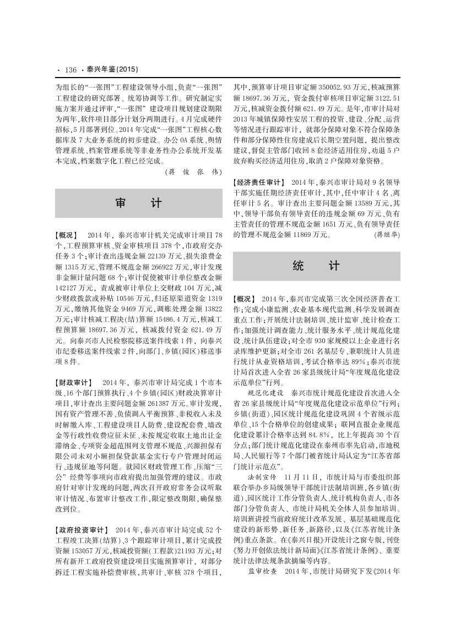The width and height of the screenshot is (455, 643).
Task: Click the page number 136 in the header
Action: click(70, 70)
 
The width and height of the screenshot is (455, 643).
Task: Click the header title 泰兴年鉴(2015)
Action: click(112, 70)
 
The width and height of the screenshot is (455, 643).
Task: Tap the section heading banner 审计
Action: click(138, 203)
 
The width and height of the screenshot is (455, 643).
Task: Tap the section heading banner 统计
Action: click(316, 266)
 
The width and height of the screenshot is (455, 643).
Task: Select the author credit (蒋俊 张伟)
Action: click(193, 171)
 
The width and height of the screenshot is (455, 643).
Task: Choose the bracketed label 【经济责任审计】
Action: click(258, 182)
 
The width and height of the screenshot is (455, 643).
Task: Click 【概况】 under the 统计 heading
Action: click(245, 298)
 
